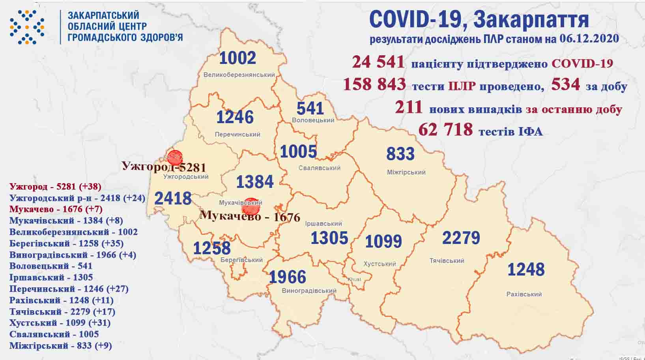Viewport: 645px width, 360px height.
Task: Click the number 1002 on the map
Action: coord(237,58)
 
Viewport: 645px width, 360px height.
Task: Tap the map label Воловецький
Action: coord(313,120)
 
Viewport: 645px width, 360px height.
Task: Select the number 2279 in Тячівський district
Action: coord(461,238)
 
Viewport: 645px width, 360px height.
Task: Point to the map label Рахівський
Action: coord(524,294)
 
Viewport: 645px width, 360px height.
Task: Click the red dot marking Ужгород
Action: coord(174,157)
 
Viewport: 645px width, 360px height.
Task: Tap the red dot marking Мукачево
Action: coord(251,206)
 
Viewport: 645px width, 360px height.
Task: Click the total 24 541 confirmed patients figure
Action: coord(378,62)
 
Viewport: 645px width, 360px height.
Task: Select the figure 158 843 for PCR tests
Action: coord(374,85)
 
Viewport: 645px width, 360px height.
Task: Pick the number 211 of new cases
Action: coord(409,107)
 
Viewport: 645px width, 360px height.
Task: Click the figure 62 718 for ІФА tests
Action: coord(445,129)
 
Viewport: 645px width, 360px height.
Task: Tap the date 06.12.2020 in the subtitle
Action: coord(589,39)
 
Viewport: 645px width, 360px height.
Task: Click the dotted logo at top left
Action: coord(27,27)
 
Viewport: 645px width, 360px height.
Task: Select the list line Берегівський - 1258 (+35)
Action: coord(66,244)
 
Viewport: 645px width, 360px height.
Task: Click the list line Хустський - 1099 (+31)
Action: coord(60,323)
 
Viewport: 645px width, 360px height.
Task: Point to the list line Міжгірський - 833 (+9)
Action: coord(60,346)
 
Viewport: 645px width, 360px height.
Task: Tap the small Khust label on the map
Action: coord(354,279)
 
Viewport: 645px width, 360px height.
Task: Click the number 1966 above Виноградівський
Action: coord(287,277)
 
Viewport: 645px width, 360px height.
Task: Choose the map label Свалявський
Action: coord(320,168)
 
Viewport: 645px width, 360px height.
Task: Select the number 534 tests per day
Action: coord(565,84)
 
